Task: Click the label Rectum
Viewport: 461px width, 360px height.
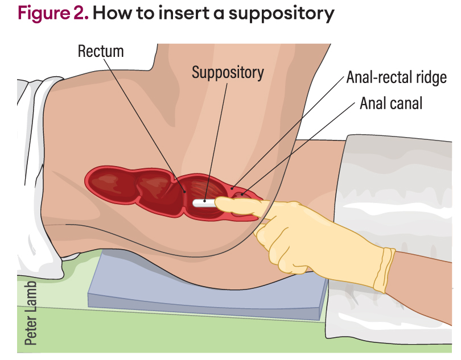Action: pos(101,51)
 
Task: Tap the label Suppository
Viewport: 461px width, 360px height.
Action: pos(228,73)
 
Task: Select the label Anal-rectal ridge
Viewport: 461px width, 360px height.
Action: pos(396,77)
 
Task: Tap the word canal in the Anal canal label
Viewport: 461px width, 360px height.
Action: pos(405,104)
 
